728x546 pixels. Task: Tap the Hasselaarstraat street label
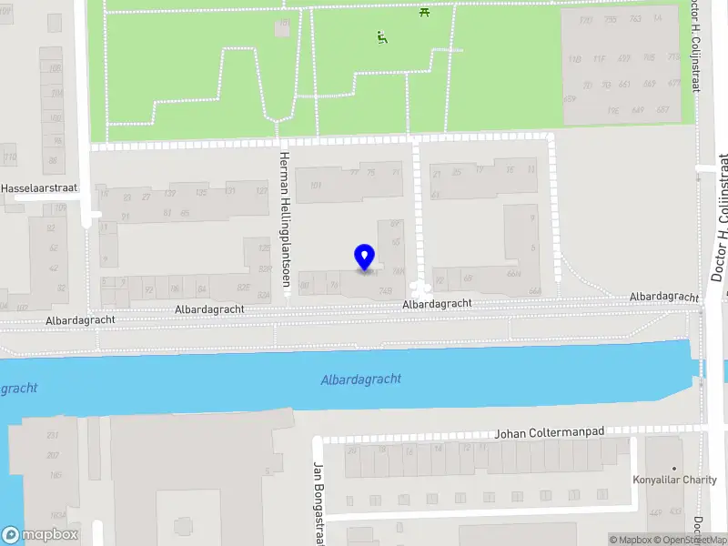pos(39,188)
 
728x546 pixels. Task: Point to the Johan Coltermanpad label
pos(550,432)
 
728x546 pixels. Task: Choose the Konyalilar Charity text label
pos(674,480)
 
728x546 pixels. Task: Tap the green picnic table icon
pos(425,12)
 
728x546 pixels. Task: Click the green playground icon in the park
pos(382,38)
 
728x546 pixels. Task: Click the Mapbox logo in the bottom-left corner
pos(40,535)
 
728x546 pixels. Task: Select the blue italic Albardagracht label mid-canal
pos(360,379)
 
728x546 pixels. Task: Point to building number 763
pos(634,19)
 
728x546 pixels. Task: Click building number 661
pos(623,85)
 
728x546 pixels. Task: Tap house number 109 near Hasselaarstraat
pos(61,208)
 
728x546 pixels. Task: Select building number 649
pos(637,110)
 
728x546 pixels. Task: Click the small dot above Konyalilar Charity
pos(674,468)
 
